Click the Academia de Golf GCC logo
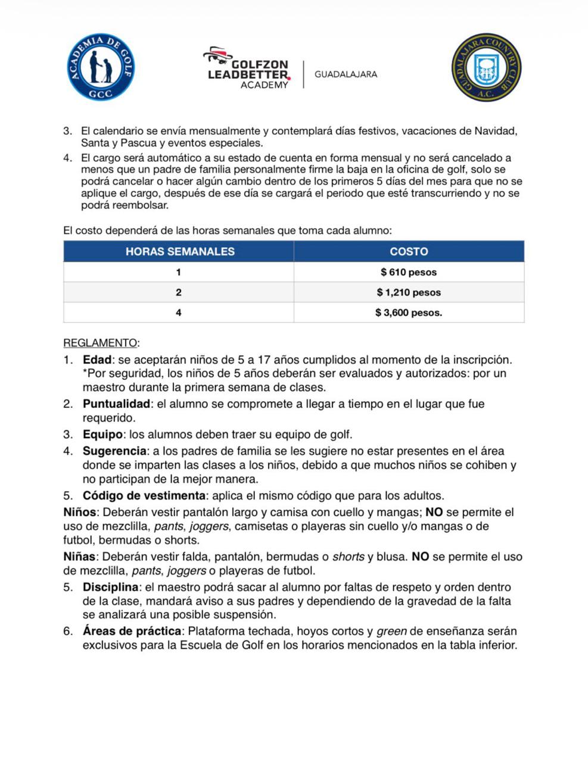(101, 67)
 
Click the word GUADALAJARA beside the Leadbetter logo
(346, 74)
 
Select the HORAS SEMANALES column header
(179, 251)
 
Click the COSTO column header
(409, 251)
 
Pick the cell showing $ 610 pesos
(409, 273)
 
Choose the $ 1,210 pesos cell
(409, 292)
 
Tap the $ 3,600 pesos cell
(409, 313)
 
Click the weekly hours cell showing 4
(179, 313)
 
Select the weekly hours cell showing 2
(179, 292)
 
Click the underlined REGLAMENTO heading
(100, 343)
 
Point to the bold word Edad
(97, 360)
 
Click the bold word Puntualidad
(116, 404)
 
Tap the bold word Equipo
(102, 435)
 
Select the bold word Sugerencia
(114, 451)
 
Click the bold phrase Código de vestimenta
(144, 496)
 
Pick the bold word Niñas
(79, 557)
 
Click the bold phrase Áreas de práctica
(132, 631)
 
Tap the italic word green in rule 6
(391, 631)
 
